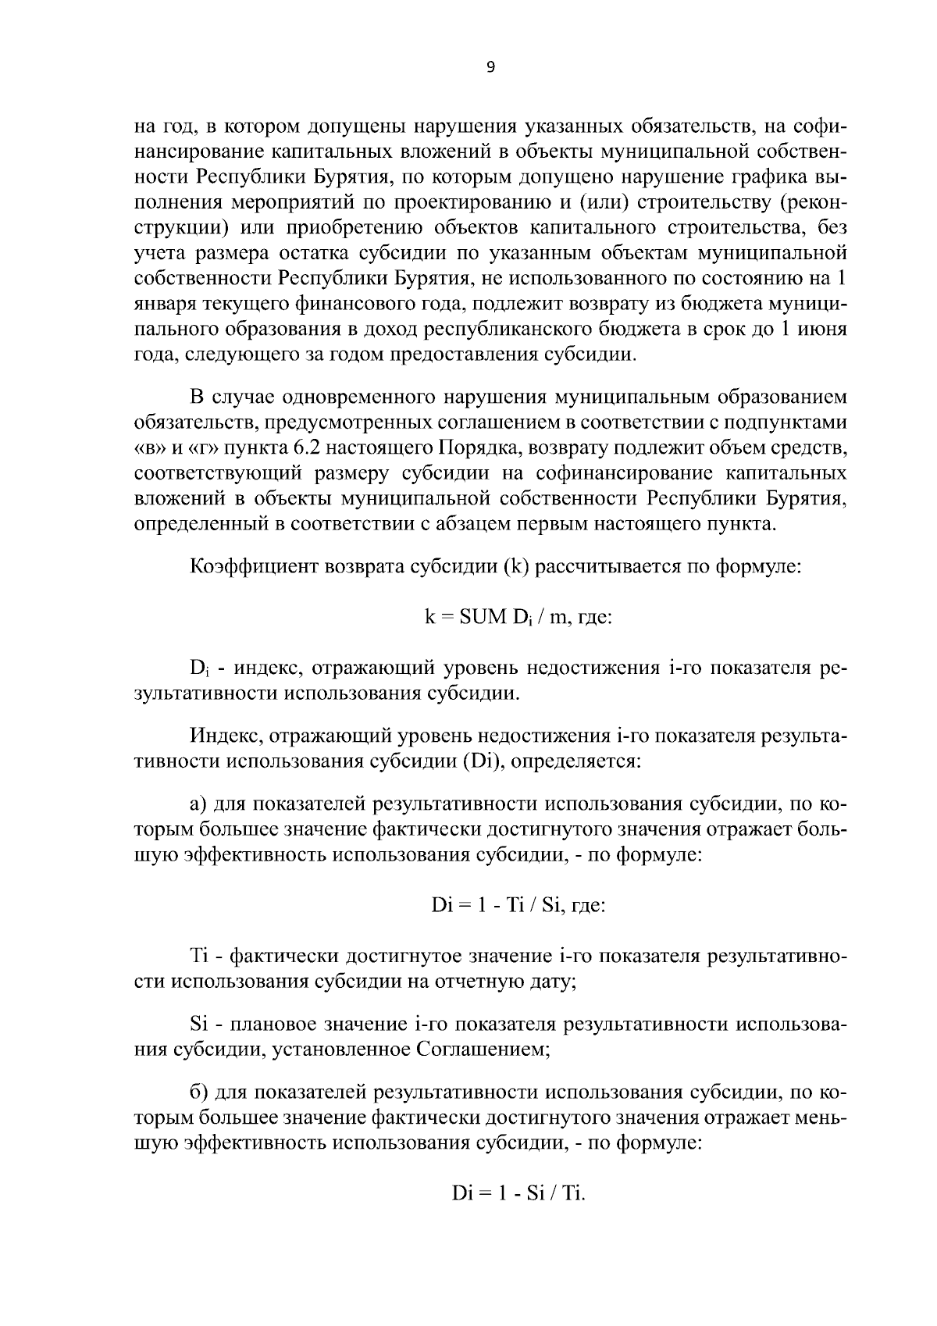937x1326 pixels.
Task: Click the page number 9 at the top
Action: pos(490,67)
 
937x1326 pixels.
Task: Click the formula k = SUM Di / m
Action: pos(518,617)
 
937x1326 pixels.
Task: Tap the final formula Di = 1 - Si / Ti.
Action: pos(518,1194)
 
